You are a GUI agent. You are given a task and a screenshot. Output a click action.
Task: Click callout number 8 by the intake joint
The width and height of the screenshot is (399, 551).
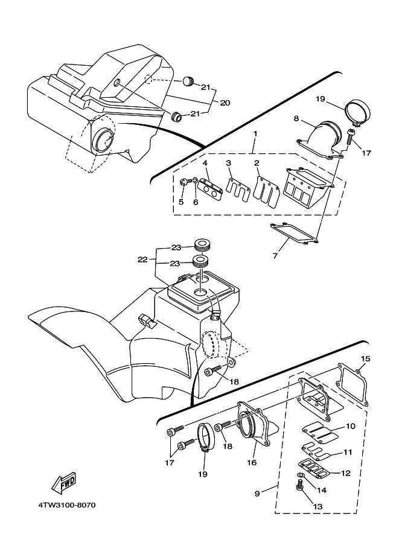[x=296, y=118]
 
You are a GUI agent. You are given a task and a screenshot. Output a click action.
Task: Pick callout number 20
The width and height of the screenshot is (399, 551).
[x=225, y=103]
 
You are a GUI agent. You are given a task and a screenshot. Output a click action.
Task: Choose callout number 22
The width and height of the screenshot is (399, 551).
[x=143, y=260]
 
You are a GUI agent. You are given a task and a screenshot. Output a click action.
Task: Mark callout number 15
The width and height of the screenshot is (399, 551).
[x=365, y=358]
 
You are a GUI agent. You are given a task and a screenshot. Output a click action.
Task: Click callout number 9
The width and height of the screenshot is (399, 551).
[x=257, y=494]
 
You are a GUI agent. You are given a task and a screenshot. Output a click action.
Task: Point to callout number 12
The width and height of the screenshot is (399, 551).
[x=346, y=474]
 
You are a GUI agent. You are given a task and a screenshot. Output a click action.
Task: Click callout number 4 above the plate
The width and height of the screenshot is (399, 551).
[x=205, y=163]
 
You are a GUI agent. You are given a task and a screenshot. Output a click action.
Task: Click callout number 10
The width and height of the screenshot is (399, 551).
[x=351, y=427]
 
